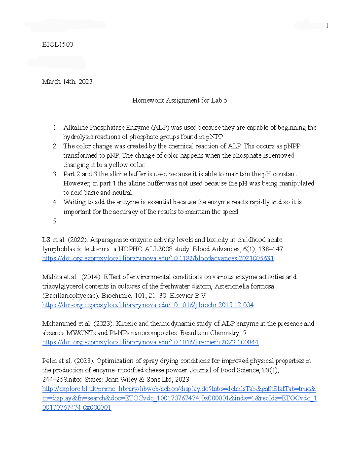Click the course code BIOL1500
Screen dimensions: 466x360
pyautogui.click(x=57, y=44)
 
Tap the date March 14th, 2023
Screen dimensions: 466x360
pyautogui.click(x=67, y=82)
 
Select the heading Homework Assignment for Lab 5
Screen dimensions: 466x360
pyautogui.click(x=180, y=100)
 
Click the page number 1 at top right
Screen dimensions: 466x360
pyautogui.click(x=327, y=26)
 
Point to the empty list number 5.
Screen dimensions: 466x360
pyautogui.click(x=55, y=221)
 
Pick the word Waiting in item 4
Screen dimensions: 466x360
pyautogui.click(x=74, y=202)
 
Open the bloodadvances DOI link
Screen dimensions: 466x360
pyautogui.click(x=158, y=258)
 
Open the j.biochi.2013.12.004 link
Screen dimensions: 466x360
pyautogui.click(x=148, y=305)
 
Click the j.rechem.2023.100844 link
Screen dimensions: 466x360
pyautogui.click(x=150, y=342)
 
